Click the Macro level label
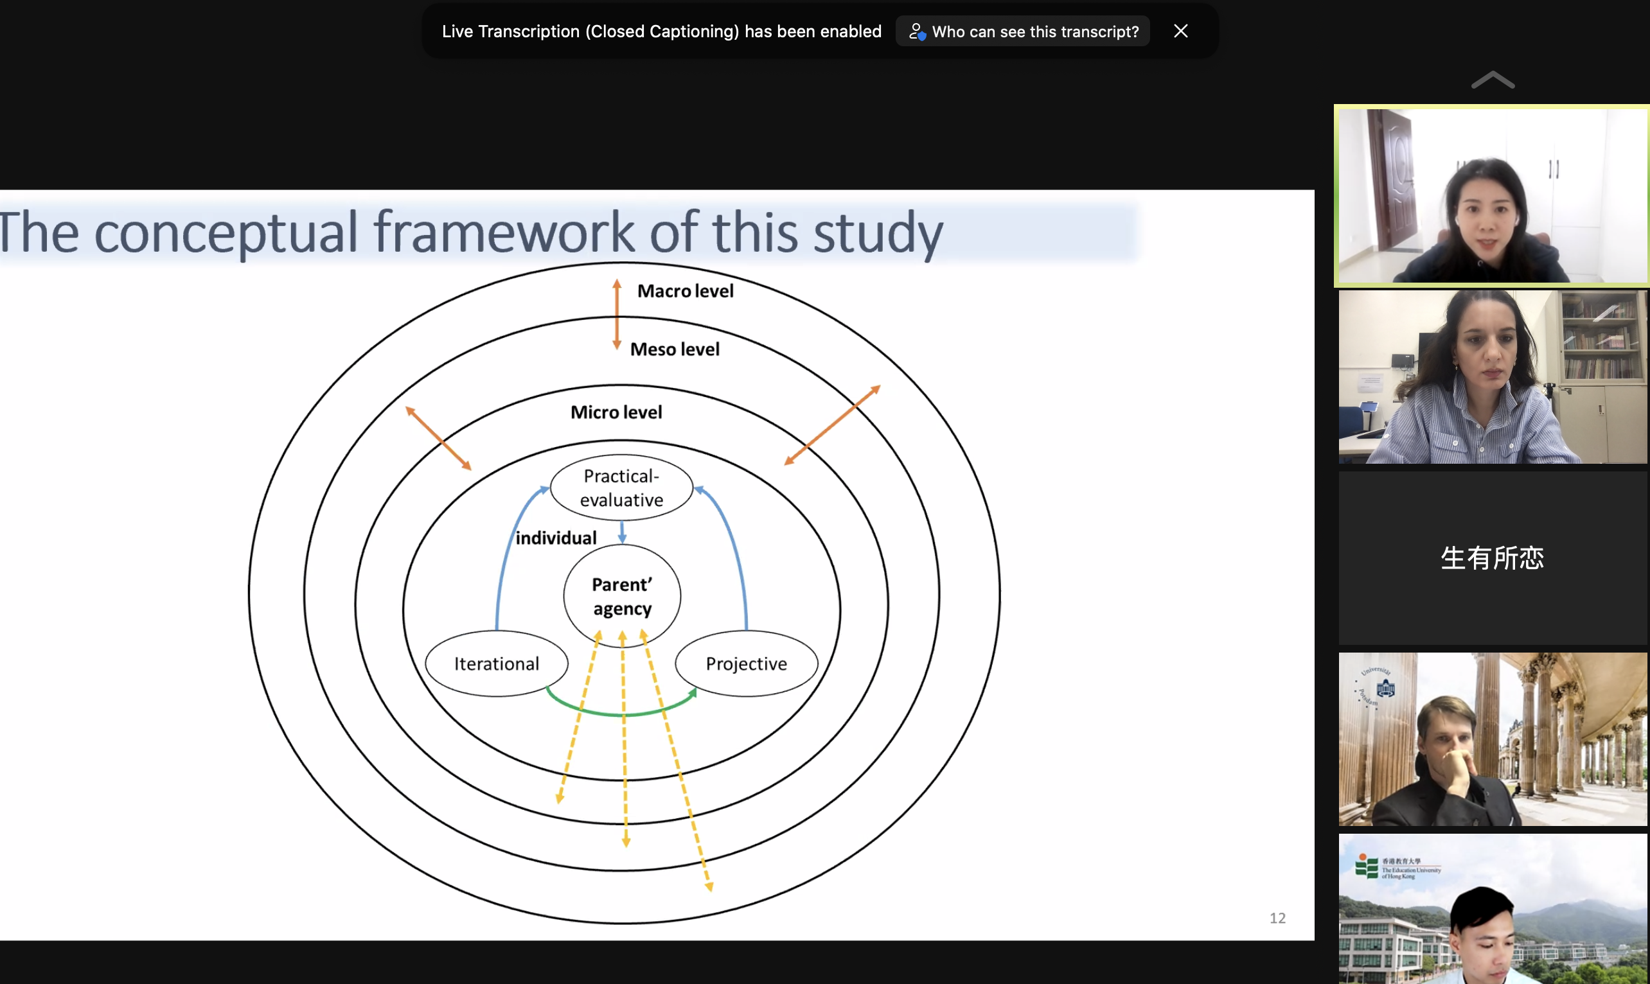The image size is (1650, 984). (685, 291)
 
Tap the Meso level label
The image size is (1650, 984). (675, 349)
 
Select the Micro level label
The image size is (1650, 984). (616, 412)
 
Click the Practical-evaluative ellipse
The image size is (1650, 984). (621, 488)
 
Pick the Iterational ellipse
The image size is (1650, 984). (496, 663)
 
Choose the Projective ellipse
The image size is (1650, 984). (746, 663)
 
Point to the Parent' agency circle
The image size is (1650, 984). (622, 595)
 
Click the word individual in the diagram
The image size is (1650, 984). (556, 538)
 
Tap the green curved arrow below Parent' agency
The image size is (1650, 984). (621, 714)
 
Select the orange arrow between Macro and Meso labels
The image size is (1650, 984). (617, 314)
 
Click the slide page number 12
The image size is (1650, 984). (1277, 918)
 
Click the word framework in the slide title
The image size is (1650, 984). (504, 232)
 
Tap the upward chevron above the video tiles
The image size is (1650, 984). (1493, 80)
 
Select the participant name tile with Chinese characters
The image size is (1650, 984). (1492, 558)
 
